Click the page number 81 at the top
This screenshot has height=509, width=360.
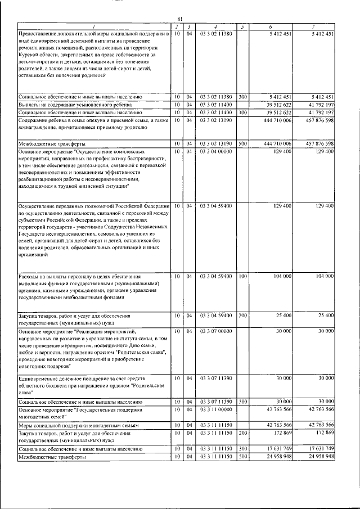(x=179, y=19)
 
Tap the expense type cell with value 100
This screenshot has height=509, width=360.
(x=242, y=277)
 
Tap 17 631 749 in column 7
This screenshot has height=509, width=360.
(x=321, y=449)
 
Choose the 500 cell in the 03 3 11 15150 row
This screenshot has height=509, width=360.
(x=242, y=457)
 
